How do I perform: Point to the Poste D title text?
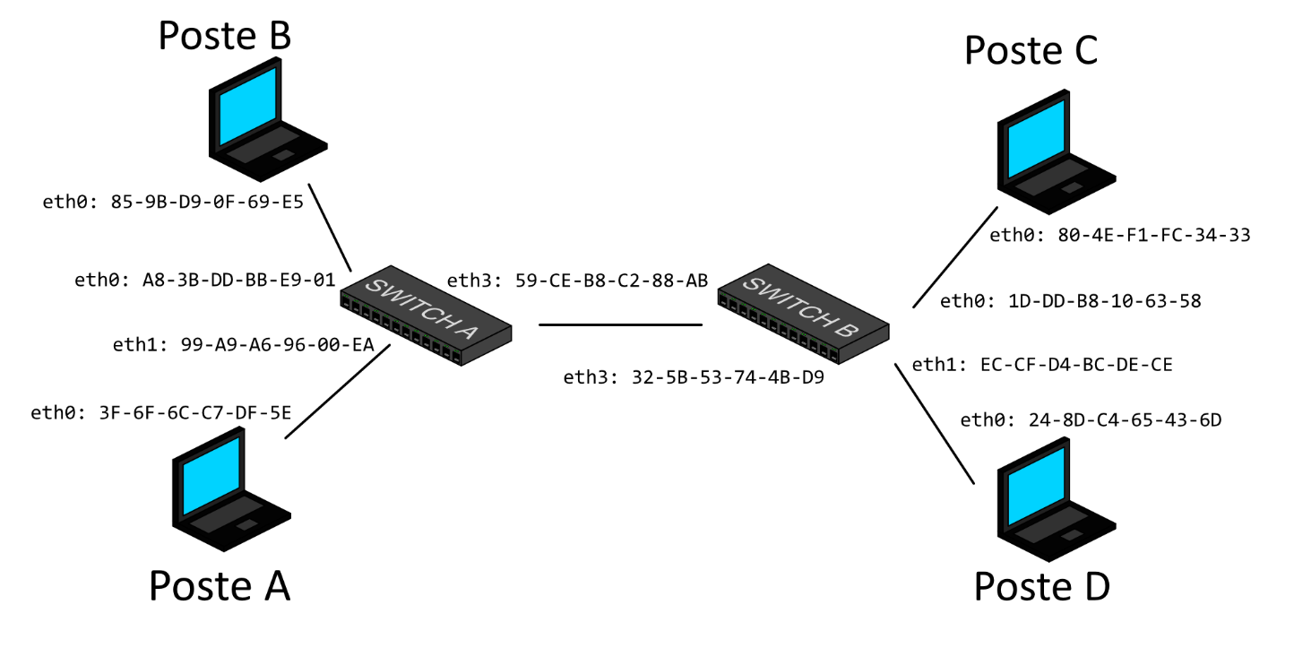[x=1041, y=587]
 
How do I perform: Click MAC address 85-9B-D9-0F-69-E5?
[x=207, y=203]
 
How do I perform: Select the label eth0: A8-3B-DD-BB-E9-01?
[x=205, y=281]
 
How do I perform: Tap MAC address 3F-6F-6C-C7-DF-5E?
[x=194, y=412]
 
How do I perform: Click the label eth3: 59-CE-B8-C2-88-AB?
[x=577, y=281]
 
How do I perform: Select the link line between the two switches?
[x=620, y=324]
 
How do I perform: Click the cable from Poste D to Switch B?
[x=934, y=423]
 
